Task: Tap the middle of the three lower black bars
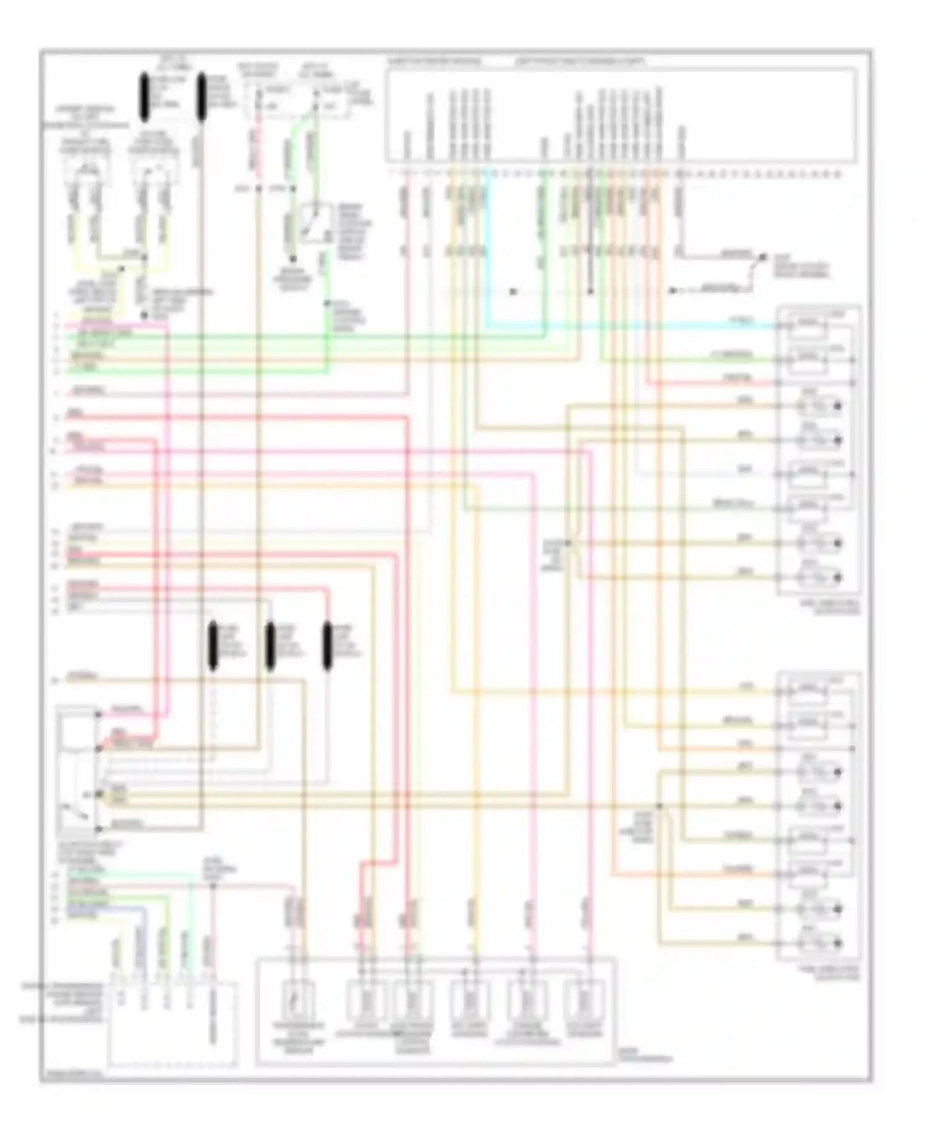(270, 647)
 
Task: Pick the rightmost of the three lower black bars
(328, 647)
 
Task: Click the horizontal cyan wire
(632, 326)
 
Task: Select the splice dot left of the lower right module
(660, 806)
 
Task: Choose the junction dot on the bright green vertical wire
(328, 303)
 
